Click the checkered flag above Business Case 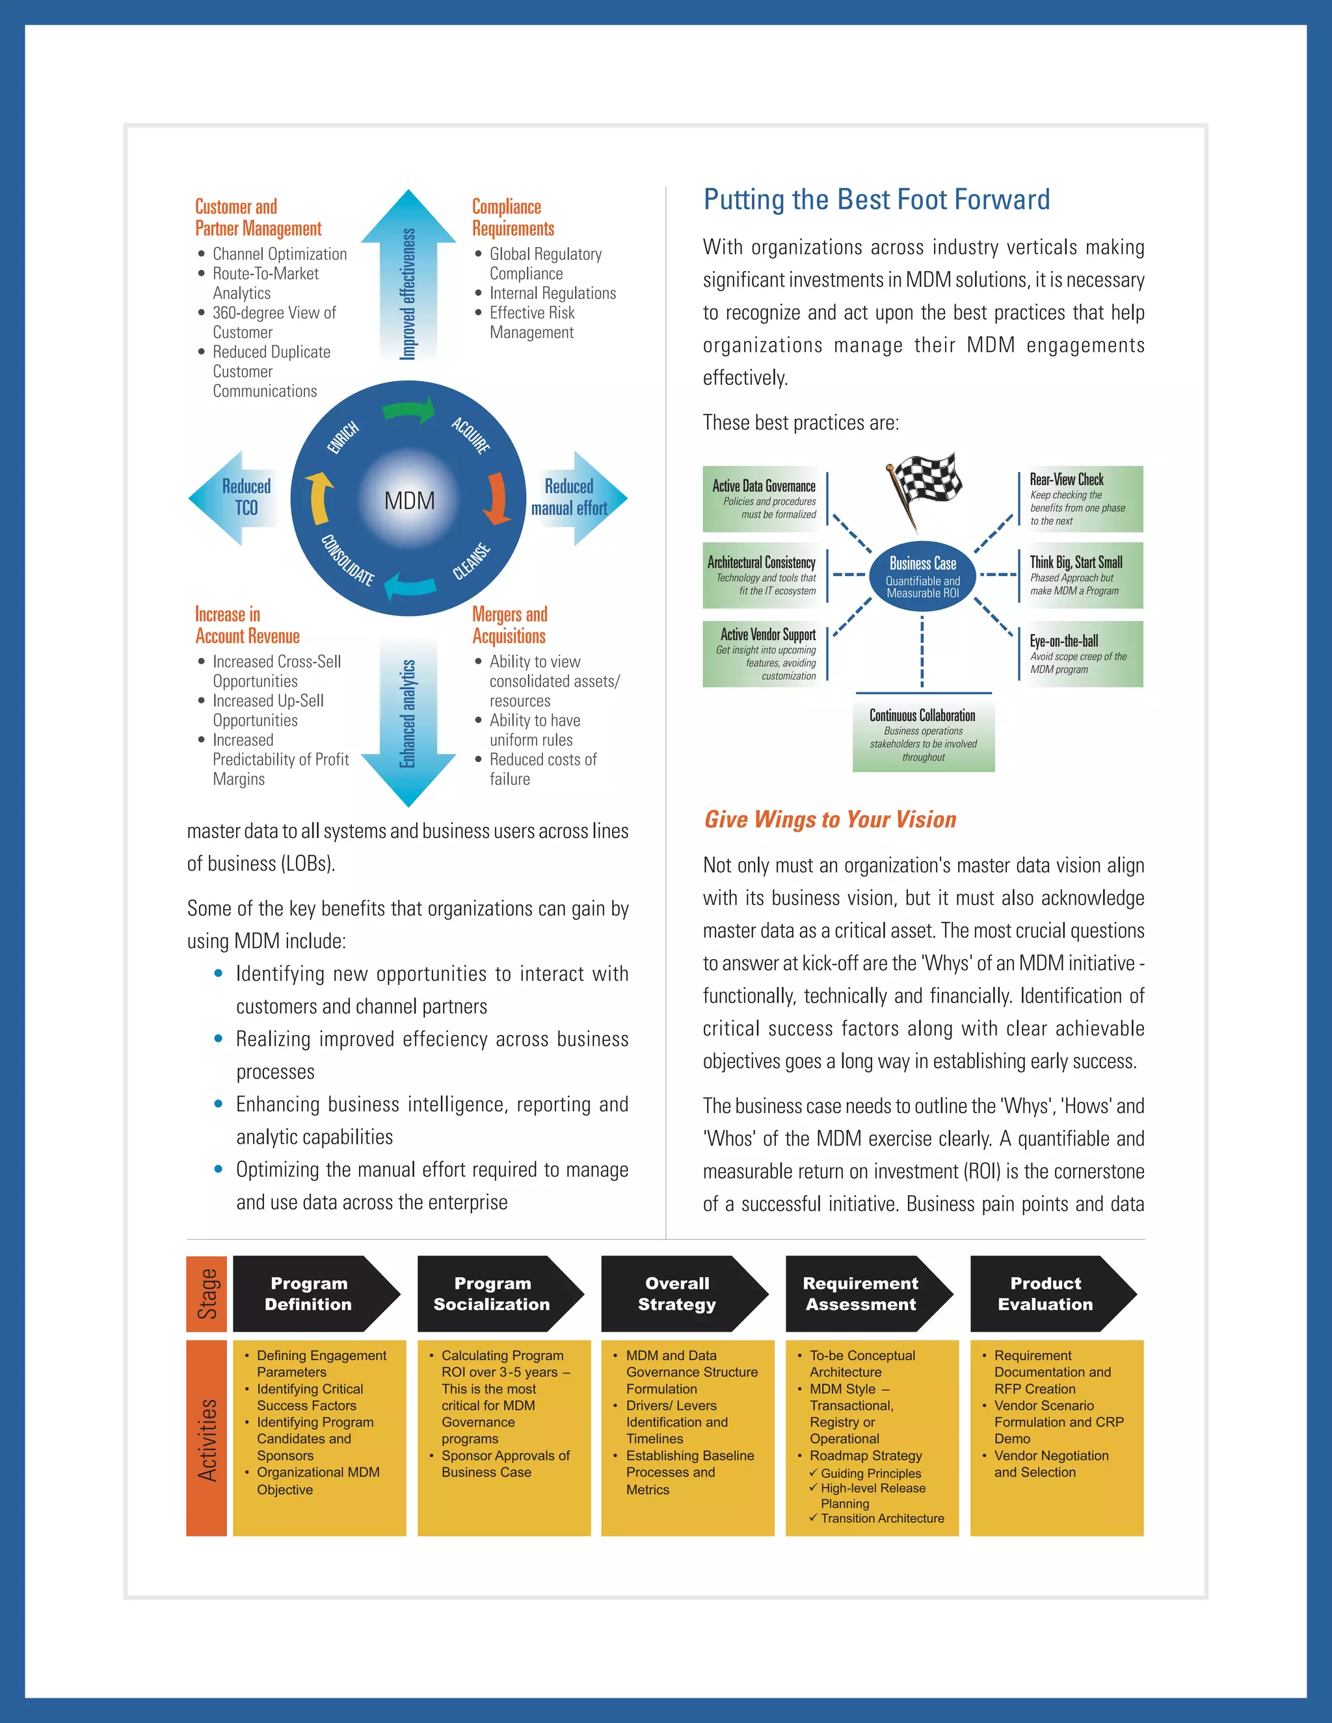pos(924,488)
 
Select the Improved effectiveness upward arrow pos(408,276)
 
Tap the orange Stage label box pos(207,1294)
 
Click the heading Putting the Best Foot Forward pos(876,200)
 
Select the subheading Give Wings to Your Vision pos(830,820)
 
